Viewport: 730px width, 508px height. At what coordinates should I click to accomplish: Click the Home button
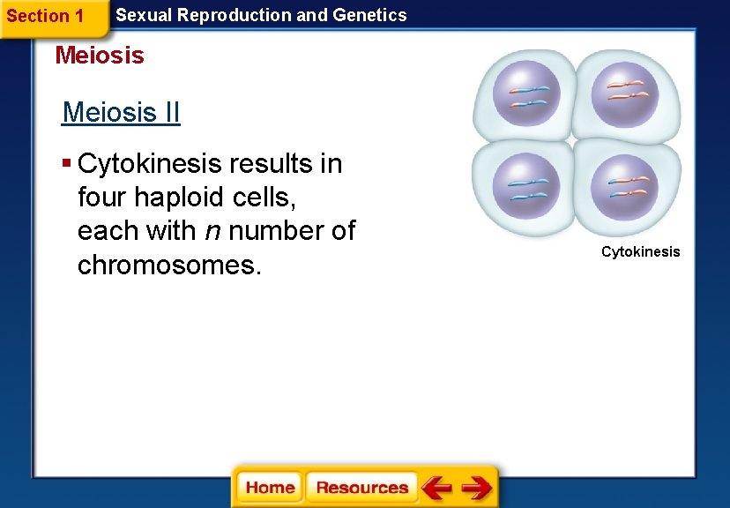(x=270, y=488)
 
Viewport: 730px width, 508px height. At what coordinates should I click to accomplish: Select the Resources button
(x=361, y=488)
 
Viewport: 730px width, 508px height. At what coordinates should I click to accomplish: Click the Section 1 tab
(x=45, y=16)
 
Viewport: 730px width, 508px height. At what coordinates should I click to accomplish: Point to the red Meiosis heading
(x=100, y=56)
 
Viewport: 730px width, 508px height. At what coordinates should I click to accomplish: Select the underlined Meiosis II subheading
(x=121, y=113)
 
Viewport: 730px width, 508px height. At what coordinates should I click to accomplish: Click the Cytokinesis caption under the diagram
(x=640, y=252)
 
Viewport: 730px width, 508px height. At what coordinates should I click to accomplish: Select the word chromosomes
(x=169, y=265)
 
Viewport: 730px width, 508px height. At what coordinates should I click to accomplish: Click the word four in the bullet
(x=102, y=198)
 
